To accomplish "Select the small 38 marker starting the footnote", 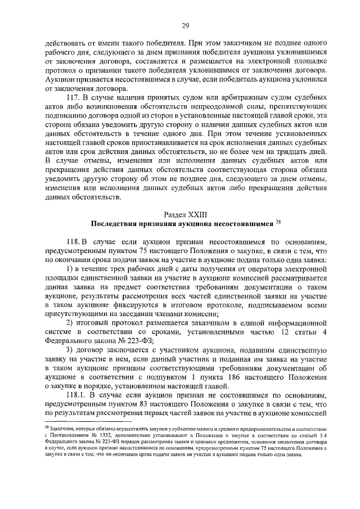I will point(47,427).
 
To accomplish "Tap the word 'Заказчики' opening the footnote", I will point(62,429).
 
